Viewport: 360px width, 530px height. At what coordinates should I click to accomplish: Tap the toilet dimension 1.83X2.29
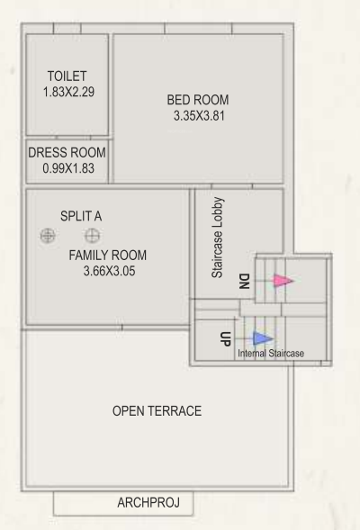(67, 92)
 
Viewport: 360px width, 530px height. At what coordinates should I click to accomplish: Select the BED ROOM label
(198, 99)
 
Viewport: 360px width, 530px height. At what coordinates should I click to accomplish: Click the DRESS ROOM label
(67, 152)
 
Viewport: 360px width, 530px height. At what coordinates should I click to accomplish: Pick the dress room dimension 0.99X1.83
(67, 167)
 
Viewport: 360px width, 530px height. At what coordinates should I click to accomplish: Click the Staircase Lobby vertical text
(218, 238)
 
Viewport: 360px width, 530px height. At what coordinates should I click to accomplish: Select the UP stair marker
(226, 339)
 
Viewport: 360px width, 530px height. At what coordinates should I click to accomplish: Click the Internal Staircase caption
(270, 355)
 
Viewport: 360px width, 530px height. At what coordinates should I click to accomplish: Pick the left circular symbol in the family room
(47, 236)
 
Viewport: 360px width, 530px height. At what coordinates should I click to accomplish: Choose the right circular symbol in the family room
(92, 236)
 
